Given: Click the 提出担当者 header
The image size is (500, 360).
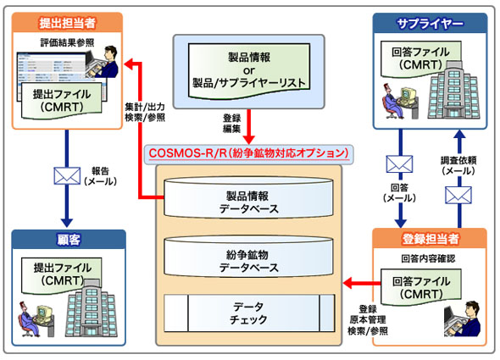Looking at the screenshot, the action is pyautogui.click(x=67, y=23).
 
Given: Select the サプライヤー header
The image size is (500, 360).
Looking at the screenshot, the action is pyautogui.click(x=430, y=23).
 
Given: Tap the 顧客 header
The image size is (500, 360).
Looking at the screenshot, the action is pyautogui.click(x=69, y=239).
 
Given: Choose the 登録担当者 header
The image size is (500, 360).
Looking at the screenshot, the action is pyautogui.click(x=430, y=239).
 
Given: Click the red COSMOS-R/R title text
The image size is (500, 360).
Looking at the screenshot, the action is pyautogui.click(x=248, y=153).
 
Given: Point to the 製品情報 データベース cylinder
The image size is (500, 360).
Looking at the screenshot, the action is pyautogui.click(x=248, y=197).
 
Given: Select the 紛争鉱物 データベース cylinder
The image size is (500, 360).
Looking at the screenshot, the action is pyautogui.click(x=248, y=256).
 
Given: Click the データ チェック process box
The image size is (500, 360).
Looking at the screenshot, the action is pyautogui.click(x=249, y=313).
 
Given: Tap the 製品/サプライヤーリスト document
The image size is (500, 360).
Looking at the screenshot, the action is pyautogui.click(x=249, y=71).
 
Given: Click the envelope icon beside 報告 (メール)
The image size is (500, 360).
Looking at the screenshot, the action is pyautogui.click(x=67, y=175).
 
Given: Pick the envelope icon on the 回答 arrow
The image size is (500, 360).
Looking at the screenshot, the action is pyautogui.click(x=399, y=164).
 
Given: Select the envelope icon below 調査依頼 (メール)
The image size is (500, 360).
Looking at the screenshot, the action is pyautogui.click(x=458, y=195).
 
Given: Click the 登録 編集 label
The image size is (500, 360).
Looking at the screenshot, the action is pyautogui.click(x=232, y=124).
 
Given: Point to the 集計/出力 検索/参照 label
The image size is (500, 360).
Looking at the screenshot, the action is pyautogui.click(x=145, y=113).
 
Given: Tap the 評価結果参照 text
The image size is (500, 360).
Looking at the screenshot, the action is pyautogui.click(x=67, y=42).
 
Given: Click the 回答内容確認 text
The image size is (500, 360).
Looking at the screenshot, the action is pyautogui.click(x=428, y=258).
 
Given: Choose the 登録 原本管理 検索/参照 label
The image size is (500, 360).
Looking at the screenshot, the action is pyautogui.click(x=368, y=320).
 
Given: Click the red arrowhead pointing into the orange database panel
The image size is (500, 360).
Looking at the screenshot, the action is pyautogui.click(x=347, y=283).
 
